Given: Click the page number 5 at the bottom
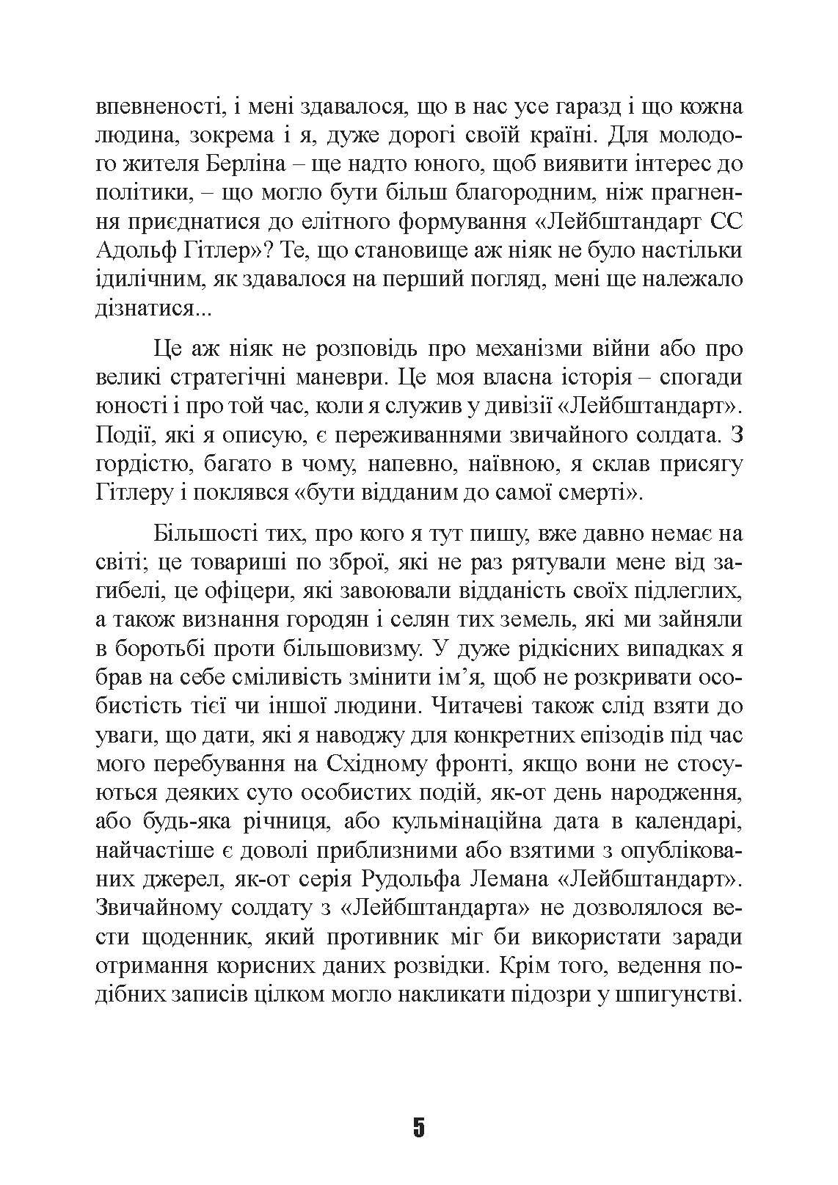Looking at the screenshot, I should pyautogui.click(x=418, y=1126).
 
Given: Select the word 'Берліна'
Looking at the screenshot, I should pyautogui.click(x=254, y=165).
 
